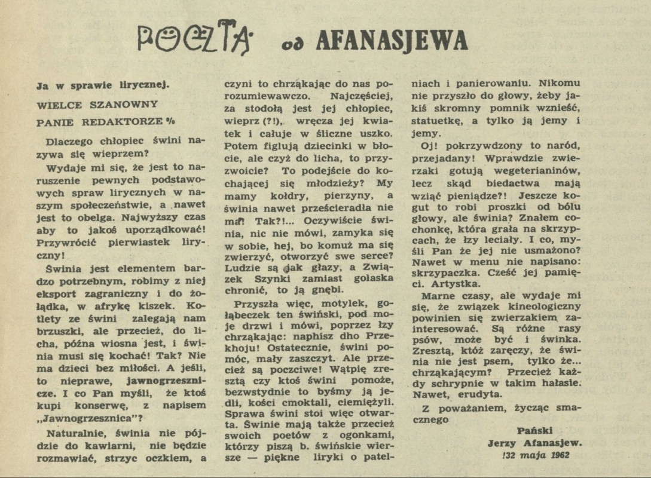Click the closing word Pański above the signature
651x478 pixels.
point(535,430)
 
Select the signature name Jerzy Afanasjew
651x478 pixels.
point(534,443)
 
